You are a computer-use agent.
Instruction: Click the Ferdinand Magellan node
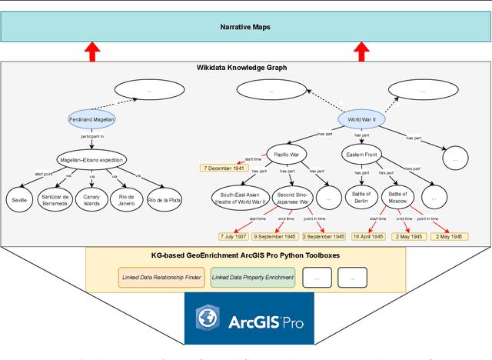[x=91, y=119]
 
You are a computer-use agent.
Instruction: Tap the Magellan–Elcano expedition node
[x=92, y=161]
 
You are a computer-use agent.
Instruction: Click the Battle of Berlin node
[x=362, y=198]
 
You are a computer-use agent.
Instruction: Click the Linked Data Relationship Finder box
[x=161, y=276]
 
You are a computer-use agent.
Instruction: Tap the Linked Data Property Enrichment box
[x=253, y=276]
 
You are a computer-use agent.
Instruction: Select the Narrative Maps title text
[x=246, y=28]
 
